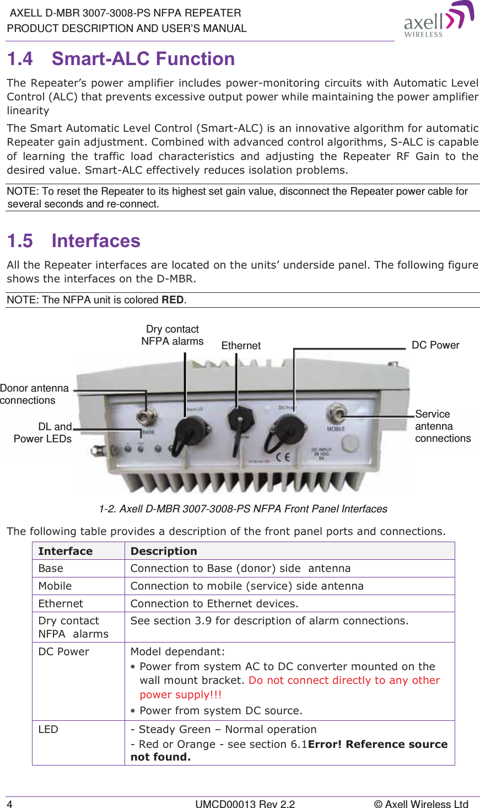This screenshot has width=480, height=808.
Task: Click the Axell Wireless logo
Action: coord(438,20)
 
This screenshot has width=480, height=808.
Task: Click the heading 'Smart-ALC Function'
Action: coord(143,58)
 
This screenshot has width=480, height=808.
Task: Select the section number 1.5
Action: coord(20,241)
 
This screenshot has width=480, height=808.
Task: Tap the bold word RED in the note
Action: coord(172,300)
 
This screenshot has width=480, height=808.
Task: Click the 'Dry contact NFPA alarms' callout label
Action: coord(172,335)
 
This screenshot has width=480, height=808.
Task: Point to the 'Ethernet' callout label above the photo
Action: coord(241,346)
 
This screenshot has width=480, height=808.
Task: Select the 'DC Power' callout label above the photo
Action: coord(435,345)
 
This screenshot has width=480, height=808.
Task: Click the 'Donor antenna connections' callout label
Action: coord(34,394)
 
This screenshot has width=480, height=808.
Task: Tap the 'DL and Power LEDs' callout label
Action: coord(43,433)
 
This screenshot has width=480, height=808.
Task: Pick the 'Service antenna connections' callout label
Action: coord(443,426)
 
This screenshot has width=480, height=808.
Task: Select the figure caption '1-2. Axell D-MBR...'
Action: coord(243,509)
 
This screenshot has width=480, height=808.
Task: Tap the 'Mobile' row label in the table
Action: coord(55,586)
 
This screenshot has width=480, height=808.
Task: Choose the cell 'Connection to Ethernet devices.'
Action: coord(214,603)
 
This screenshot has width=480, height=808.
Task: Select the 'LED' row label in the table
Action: coord(48,730)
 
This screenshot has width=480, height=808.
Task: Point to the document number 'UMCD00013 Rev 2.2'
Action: coord(245,804)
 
